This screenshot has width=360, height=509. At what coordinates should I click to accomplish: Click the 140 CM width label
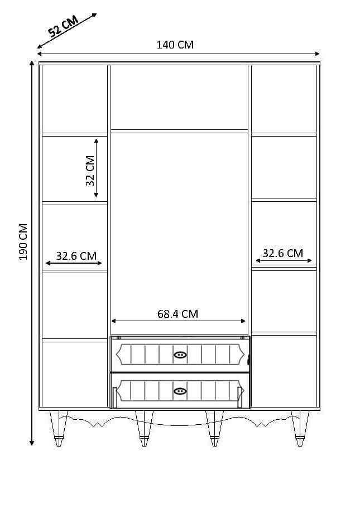click(175, 45)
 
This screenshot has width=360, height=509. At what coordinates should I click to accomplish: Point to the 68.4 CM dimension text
click(177, 314)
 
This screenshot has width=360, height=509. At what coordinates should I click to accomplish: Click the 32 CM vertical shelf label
click(90, 171)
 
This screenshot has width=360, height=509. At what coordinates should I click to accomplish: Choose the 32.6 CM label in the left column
click(76, 256)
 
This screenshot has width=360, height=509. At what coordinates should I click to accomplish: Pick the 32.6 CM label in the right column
click(282, 253)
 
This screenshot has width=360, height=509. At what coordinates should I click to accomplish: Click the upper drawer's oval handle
click(180, 355)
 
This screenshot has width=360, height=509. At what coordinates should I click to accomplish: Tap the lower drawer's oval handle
click(180, 391)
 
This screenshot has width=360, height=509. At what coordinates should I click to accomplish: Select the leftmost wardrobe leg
click(59, 428)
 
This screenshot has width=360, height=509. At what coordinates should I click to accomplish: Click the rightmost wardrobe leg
click(300, 428)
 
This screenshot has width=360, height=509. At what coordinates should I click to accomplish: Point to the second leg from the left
click(144, 428)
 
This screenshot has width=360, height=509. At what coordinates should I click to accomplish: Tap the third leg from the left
click(215, 428)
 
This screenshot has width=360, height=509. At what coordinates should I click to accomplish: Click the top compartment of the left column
click(75, 99)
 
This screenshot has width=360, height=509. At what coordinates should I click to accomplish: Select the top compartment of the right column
click(284, 99)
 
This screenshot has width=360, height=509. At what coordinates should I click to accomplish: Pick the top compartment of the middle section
click(179, 97)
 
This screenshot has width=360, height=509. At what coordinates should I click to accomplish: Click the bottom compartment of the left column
click(75, 374)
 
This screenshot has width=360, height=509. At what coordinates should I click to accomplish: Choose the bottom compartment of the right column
click(284, 371)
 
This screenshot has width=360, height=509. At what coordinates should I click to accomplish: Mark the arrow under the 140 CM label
click(179, 54)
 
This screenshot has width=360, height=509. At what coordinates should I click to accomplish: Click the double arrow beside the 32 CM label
click(97, 168)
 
